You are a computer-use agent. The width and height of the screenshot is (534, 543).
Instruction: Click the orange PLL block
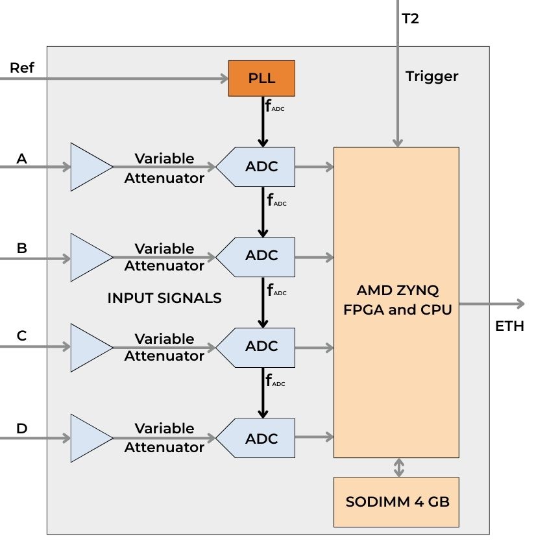tap(261, 78)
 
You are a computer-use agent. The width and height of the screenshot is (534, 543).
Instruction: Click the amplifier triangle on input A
tap(90, 167)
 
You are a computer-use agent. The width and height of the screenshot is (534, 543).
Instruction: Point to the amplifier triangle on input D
tap(90, 439)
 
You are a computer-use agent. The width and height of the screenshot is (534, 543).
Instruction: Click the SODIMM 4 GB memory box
tap(396, 501)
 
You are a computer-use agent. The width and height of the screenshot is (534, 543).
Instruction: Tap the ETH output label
tap(509, 326)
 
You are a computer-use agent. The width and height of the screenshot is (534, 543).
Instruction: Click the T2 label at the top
tap(411, 19)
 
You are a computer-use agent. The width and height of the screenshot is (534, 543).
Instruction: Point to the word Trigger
tap(431, 77)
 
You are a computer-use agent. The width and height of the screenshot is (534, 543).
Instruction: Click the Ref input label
tap(22, 68)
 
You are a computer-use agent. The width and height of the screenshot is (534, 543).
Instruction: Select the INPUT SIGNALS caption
tap(164, 298)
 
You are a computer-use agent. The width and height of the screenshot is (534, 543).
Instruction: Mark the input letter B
tap(21, 247)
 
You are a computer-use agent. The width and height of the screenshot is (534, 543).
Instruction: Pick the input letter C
tap(21, 336)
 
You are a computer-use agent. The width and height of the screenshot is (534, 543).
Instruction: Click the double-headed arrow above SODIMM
tap(399, 467)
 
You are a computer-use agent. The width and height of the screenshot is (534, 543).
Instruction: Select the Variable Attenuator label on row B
tap(164, 257)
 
